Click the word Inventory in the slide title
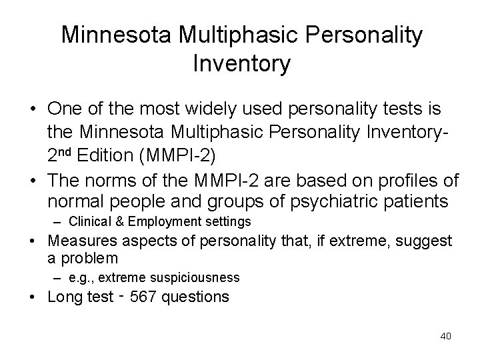click(x=241, y=64)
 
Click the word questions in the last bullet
click(x=197, y=296)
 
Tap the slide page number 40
click(x=445, y=336)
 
